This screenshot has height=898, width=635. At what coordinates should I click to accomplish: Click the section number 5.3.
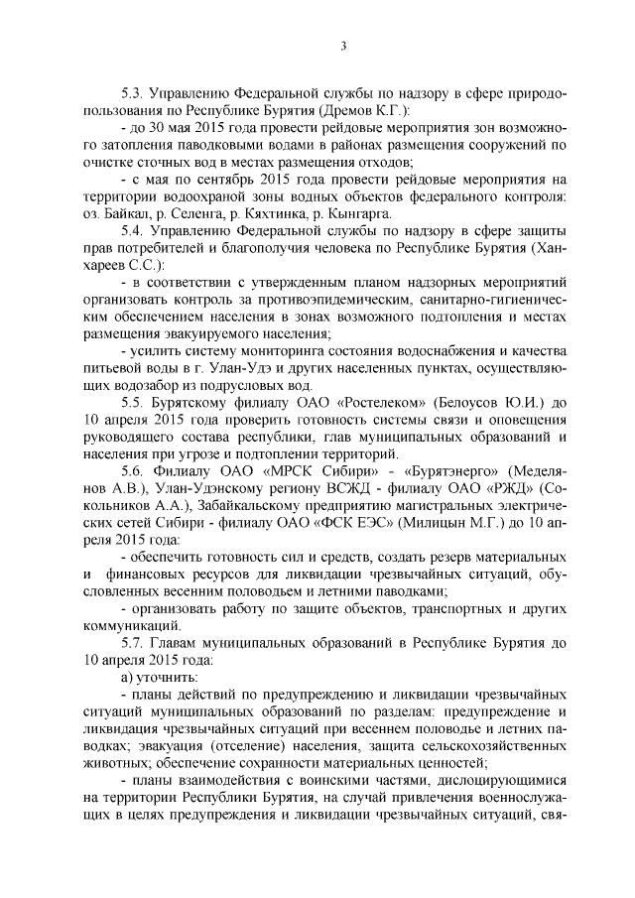coord(130,93)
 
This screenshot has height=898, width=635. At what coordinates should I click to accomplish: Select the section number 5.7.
coord(130,640)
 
